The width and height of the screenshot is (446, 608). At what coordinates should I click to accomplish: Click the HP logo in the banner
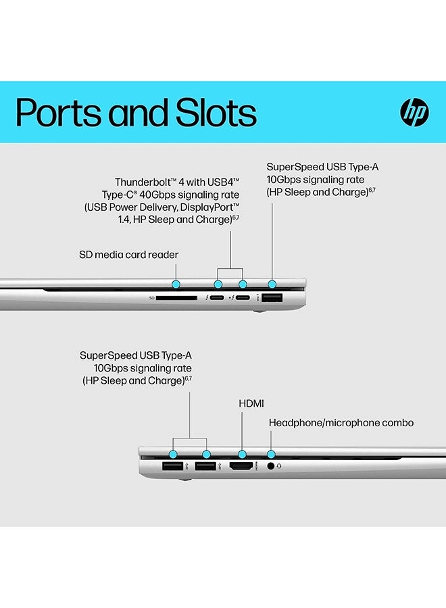(414, 113)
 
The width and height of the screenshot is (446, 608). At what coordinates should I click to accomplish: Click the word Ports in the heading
(57, 113)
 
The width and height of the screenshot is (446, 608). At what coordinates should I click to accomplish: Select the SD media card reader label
(128, 255)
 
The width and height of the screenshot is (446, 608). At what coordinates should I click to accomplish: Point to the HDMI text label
(251, 403)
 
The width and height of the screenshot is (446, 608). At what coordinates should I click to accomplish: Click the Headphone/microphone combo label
(341, 423)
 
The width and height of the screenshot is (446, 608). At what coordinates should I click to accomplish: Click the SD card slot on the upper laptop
(176, 297)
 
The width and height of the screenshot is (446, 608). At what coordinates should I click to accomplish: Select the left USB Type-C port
(218, 297)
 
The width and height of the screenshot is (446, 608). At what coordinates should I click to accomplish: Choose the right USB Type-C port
(243, 297)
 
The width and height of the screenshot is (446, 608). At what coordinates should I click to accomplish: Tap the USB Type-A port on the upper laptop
(272, 297)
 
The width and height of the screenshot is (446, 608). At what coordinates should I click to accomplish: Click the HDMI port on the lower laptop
(241, 465)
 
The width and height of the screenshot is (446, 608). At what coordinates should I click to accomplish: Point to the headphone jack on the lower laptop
(272, 465)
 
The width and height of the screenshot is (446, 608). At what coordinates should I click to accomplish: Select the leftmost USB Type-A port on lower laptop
(172, 465)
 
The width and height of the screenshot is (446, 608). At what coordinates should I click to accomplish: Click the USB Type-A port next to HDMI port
(205, 465)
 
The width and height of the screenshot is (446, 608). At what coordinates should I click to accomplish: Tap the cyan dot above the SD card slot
(176, 285)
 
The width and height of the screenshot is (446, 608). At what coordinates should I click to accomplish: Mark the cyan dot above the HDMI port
(241, 454)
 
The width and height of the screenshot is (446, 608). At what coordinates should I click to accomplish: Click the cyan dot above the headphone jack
(272, 454)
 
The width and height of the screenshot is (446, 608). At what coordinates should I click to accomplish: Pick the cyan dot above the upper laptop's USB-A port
(272, 285)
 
